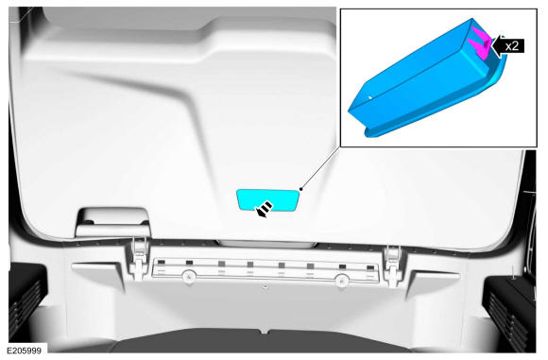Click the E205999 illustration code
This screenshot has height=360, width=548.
[x=25, y=351]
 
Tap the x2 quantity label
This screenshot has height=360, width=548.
[x=512, y=45]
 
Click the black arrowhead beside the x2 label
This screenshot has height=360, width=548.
[x=497, y=45]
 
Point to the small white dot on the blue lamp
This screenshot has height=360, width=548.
[x=370, y=97]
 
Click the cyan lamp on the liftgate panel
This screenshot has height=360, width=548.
[x=267, y=200]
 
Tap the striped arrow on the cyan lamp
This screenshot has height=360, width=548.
[x=265, y=209]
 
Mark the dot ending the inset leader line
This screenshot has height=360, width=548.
[x=300, y=189]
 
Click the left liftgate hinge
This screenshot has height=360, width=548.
[x=139, y=258]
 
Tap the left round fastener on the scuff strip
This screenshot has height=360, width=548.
[x=188, y=277]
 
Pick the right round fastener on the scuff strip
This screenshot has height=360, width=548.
[x=342, y=280]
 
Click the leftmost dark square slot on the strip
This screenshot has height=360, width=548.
[x=162, y=262]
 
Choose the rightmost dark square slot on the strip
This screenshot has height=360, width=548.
[x=370, y=268]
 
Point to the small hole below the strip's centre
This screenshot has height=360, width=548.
[x=265, y=287]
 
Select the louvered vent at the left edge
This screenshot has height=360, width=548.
[x=26, y=308]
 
